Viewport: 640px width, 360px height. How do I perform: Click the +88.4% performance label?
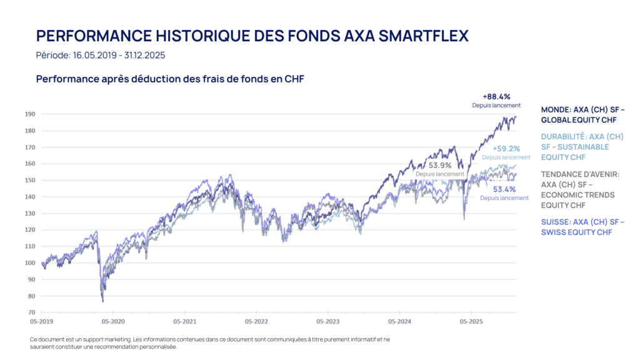(x=496, y=97)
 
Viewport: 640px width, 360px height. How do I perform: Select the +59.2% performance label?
(x=506, y=149)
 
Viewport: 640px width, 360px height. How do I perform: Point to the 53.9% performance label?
(x=440, y=166)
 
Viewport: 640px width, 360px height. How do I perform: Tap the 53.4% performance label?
(x=504, y=189)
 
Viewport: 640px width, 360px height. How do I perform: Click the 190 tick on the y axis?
(x=30, y=114)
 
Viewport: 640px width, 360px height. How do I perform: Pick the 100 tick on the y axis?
(x=30, y=263)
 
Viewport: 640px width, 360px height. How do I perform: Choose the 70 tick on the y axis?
(x=31, y=312)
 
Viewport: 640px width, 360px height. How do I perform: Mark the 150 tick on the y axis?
(x=30, y=181)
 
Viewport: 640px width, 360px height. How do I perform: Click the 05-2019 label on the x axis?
(x=41, y=322)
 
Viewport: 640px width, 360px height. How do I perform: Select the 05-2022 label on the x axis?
(x=256, y=322)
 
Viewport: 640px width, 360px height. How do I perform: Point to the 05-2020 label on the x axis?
(x=113, y=322)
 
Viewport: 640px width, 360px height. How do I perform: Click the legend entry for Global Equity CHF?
(x=582, y=114)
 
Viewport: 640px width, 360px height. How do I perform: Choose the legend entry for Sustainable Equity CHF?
(x=582, y=147)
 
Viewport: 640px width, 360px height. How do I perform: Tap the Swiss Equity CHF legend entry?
(x=582, y=227)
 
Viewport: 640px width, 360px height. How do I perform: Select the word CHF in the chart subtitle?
(x=293, y=79)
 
